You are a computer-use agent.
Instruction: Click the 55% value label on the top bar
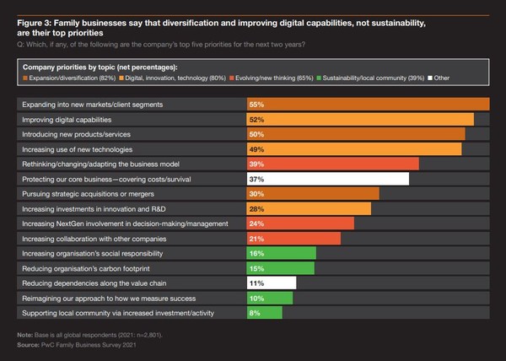(257, 104)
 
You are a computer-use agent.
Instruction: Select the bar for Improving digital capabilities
(359, 120)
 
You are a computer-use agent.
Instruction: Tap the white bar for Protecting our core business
(327, 179)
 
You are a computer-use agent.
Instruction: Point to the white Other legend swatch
(432, 77)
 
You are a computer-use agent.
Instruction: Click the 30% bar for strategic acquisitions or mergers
(312, 193)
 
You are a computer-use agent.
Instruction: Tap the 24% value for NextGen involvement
(257, 224)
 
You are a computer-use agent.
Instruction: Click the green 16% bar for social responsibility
(281, 253)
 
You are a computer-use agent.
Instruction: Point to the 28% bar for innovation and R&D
(308, 208)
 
